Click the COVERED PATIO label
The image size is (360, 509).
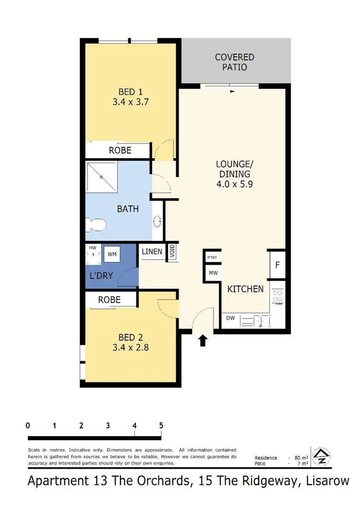coord(234,62)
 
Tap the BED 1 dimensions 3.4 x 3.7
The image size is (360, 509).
coord(131,102)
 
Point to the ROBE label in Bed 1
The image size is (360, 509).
coord(120,150)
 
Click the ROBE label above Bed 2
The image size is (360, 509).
coord(109,300)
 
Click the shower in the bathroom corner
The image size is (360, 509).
coord(102,177)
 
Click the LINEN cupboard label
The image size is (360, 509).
coord(152,251)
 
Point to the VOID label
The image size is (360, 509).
coord(172,252)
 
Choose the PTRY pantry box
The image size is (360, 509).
coord(212,258)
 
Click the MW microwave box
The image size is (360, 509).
coord(212,273)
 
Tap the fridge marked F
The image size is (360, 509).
coord(277,265)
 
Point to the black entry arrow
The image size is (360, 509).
coord(203,340)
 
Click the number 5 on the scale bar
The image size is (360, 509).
coord(161,426)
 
